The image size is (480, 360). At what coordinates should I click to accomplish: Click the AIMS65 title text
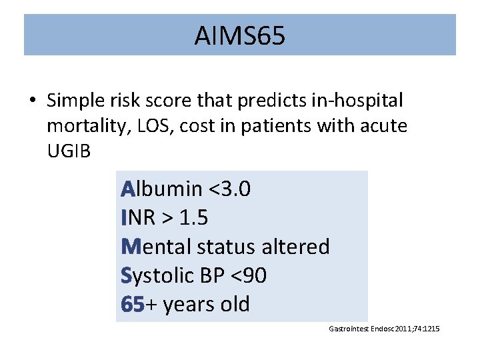click(239, 36)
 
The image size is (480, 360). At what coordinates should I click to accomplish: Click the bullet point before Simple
click(32, 101)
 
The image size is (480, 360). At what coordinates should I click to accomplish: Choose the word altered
click(297, 247)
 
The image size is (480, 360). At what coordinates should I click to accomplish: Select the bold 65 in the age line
click(133, 304)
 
